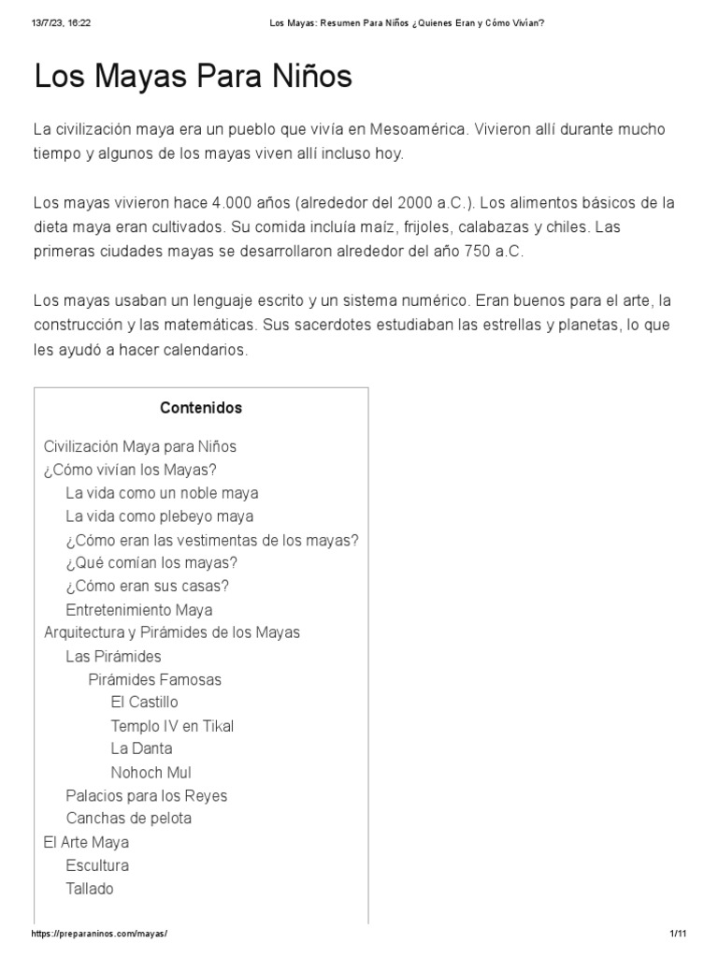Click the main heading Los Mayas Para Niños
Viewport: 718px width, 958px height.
[x=194, y=76]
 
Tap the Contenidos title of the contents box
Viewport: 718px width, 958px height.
[x=201, y=408]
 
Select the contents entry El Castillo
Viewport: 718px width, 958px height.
[x=144, y=702]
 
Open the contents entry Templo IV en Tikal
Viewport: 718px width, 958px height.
[x=172, y=725]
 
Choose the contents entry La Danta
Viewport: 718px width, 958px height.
[x=141, y=748]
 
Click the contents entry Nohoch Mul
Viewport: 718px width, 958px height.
[x=151, y=773]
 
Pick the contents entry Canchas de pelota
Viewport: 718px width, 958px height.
[x=128, y=819]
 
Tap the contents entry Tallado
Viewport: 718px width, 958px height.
[x=90, y=889]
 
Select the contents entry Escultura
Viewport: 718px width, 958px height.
[x=97, y=865]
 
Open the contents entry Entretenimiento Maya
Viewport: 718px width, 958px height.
[x=139, y=609]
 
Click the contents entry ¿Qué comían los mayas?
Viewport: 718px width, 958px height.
[x=151, y=562]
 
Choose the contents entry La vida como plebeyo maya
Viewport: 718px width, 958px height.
[x=159, y=516]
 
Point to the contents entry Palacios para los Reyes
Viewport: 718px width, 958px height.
[x=146, y=796]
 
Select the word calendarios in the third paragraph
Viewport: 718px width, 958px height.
[x=210, y=350]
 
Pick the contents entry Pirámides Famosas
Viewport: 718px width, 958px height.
[x=155, y=679]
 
